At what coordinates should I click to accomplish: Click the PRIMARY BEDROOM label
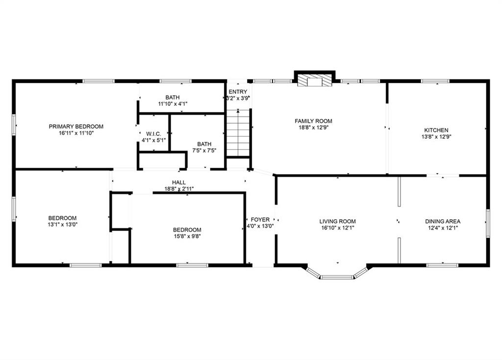[x=76, y=127]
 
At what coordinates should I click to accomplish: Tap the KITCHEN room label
[x=436, y=130]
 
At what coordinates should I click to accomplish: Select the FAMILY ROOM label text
[x=313, y=121]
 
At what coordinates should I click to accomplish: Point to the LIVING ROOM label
[x=337, y=222]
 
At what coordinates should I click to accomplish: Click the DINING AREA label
[x=442, y=222]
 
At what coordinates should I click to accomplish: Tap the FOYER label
[x=260, y=220]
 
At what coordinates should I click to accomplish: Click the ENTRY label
[x=238, y=92]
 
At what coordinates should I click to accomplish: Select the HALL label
[x=178, y=182]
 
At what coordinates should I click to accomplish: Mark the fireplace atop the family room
[x=314, y=79]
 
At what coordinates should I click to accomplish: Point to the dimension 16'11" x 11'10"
[x=76, y=133]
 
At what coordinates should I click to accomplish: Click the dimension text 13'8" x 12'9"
[x=436, y=137]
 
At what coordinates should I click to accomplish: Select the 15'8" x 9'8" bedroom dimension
[x=187, y=236]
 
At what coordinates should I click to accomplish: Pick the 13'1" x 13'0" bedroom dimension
[x=62, y=224]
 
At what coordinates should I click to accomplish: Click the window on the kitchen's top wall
[x=435, y=81]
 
